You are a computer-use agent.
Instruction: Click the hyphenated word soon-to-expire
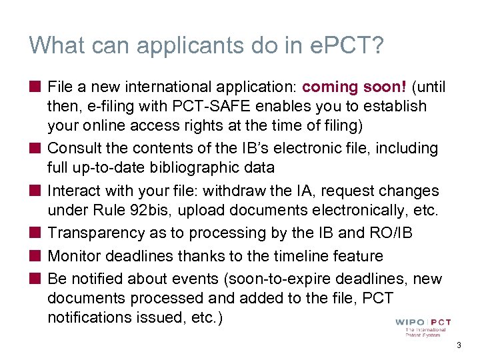[x=291, y=278]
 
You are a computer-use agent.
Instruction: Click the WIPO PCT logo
[x=423, y=327]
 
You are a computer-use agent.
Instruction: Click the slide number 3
[x=458, y=345]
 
